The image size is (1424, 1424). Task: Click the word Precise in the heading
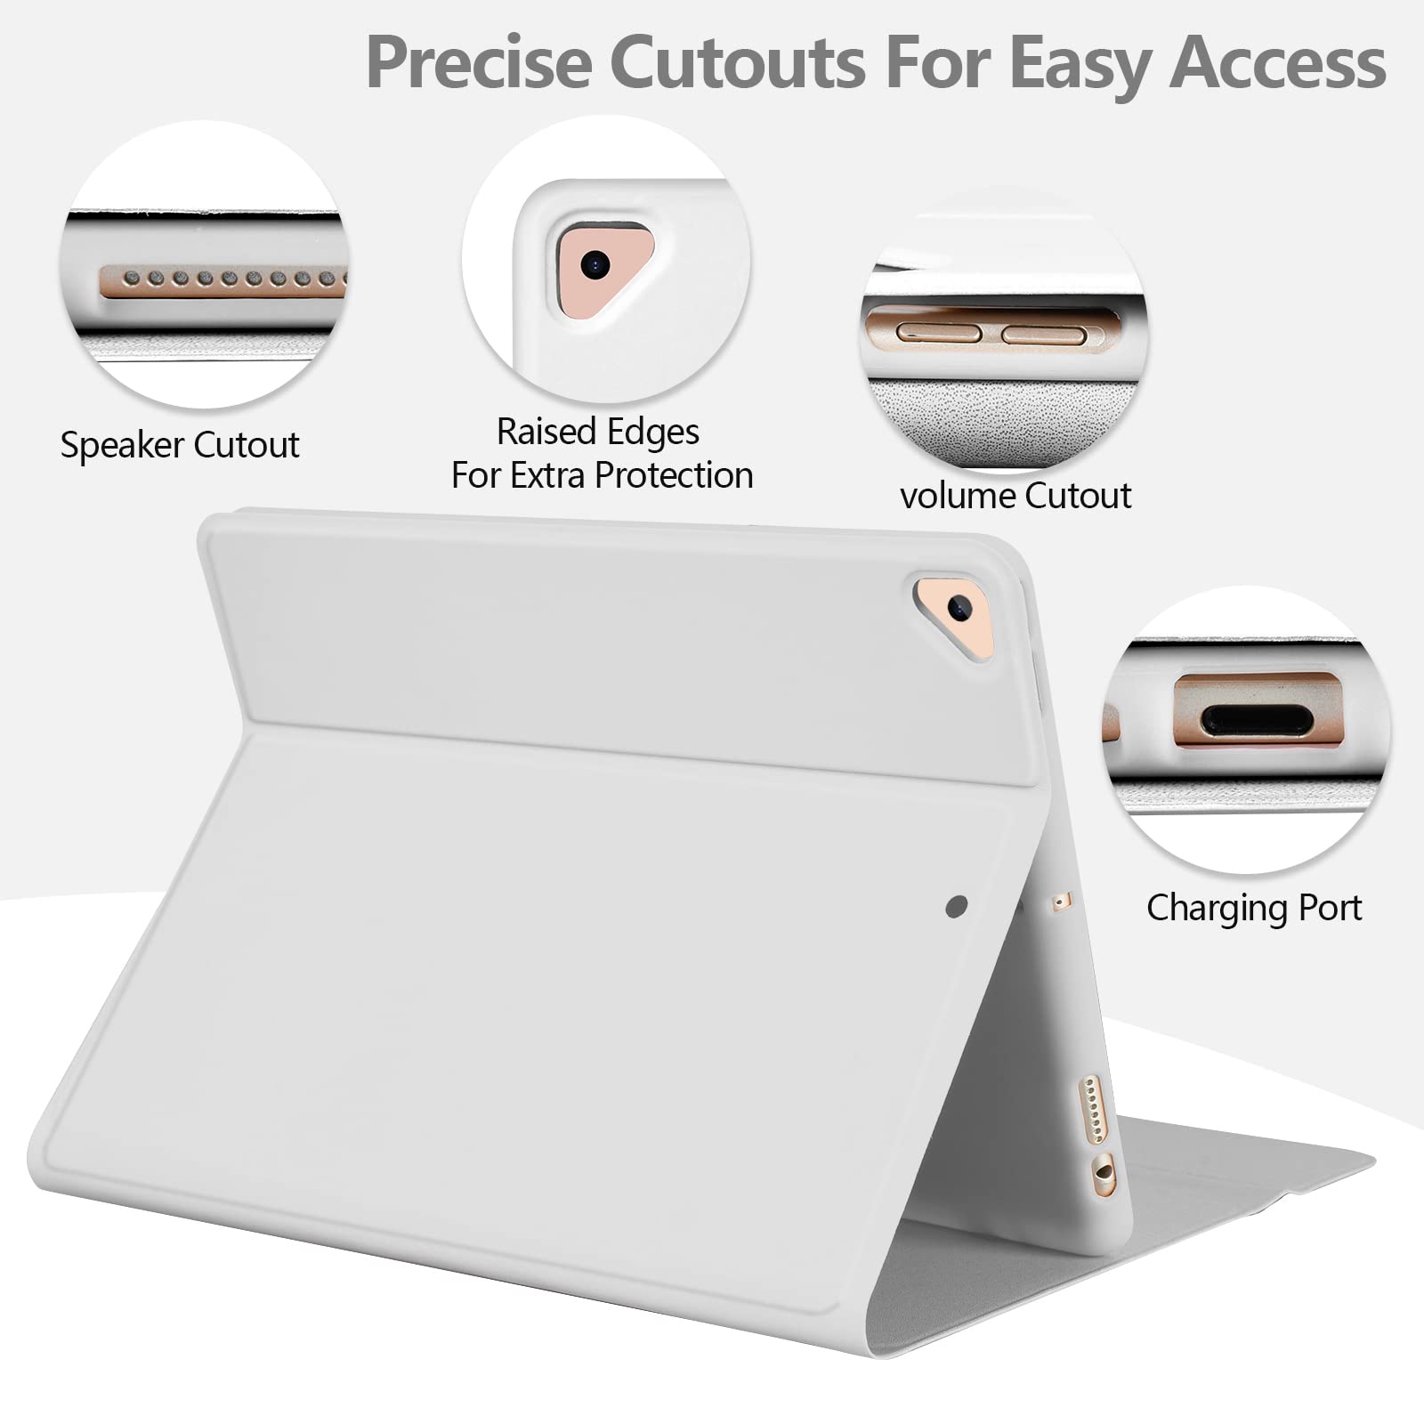click(x=479, y=62)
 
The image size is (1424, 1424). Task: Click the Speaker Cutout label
click(x=180, y=445)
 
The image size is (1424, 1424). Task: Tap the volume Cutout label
click(x=1015, y=495)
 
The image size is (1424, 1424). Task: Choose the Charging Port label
click(x=1254, y=909)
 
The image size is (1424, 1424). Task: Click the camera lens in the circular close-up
click(x=595, y=263)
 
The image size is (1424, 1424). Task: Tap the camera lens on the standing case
click(x=959, y=609)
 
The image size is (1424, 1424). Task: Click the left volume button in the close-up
click(x=939, y=334)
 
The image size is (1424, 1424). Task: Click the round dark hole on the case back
click(x=957, y=907)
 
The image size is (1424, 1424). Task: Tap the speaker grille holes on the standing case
click(x=1092, y=1108)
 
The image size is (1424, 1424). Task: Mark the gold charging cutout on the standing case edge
click(x=1104, y=1174)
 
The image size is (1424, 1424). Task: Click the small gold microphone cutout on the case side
click(x=1059, y=902)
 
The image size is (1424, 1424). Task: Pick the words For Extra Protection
click(x=603, y=476)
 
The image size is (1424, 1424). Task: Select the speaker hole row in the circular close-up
click(x=222, y=280)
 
